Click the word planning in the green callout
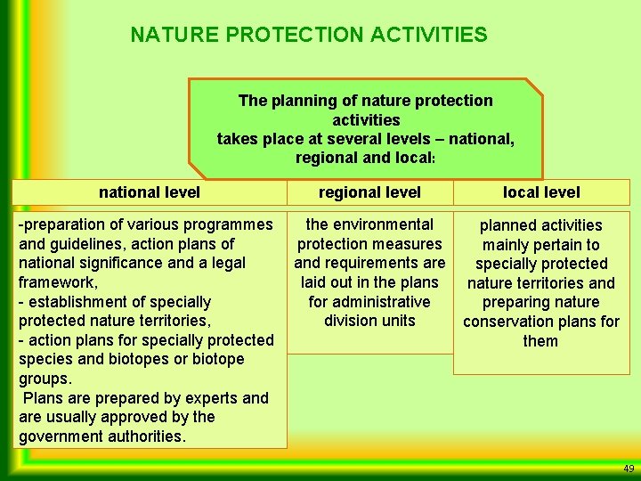point(299,101)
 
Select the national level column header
point(150,192)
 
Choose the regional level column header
point(369,192)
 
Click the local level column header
point(540,192)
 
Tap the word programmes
point(224,224)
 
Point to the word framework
point(55,282)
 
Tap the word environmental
point(383,224)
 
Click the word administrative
point(381,302)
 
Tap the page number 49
point(629,469)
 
